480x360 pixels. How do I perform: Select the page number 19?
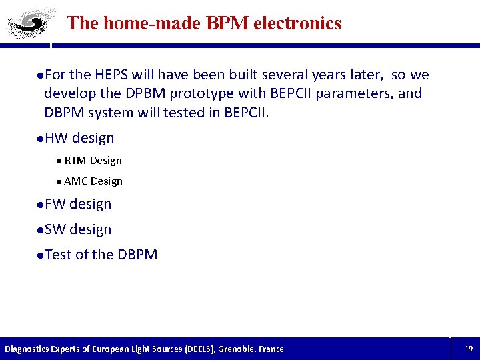pyautogui.click(x=468, y=349)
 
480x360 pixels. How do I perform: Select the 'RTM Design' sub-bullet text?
pyautogui.click(x=93, y=161)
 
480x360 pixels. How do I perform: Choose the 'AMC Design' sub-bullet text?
pyautogui.click(x=93, y=181)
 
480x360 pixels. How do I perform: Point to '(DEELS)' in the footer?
pyautogui.click(x=191, y=349)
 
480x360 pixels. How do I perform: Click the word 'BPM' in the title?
pyautogui.click(x=221, y=23)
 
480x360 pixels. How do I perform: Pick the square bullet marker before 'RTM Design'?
pyautogui.click(x=59, y=161)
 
